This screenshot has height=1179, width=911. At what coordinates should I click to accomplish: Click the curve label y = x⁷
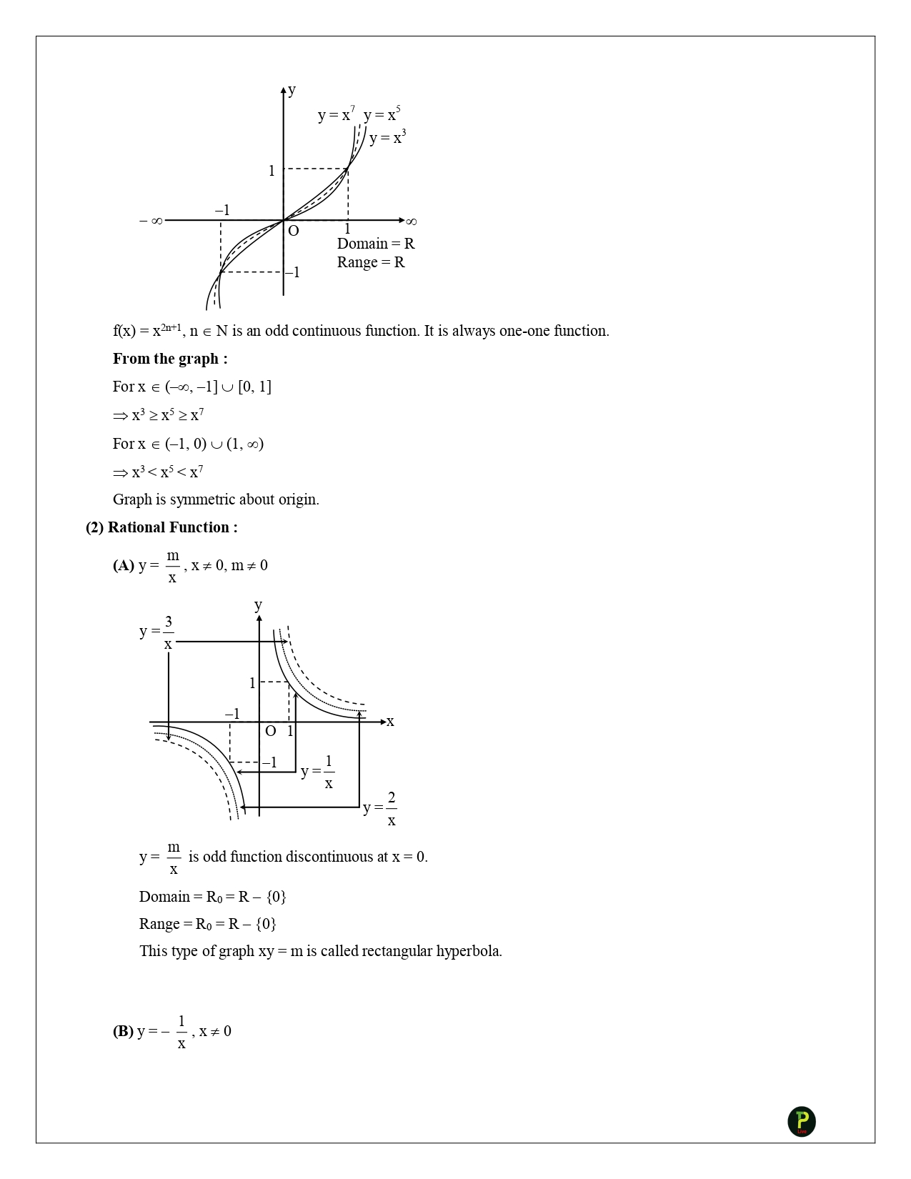click(x=336, y=115)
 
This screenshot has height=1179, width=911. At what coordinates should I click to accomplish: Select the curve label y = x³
click(x=387, y=138)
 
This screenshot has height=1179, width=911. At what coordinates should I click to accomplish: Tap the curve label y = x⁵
click(x=382, y=115)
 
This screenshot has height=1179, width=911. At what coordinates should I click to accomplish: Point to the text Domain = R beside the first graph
click(x=376, y=244)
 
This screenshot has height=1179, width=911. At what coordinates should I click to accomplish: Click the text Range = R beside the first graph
click(x=371, y=262)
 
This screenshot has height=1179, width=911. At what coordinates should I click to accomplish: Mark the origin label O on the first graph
click(x=293, y=231)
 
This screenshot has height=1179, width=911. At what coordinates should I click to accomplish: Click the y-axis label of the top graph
click(x=292, y=90)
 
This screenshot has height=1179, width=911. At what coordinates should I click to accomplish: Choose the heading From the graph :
click(x=170, y=359)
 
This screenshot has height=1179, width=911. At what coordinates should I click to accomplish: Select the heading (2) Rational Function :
click(x=161, y=527)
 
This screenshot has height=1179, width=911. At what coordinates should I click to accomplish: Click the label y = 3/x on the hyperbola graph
click(x=157, y=632)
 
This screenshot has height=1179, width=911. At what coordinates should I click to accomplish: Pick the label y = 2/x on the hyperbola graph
click(x=380, y=808)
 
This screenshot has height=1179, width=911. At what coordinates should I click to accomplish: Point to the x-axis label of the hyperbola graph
click(x=390, y=722)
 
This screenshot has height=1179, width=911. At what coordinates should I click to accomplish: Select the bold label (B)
click(x=123, y=1031)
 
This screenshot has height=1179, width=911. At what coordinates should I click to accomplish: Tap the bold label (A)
click(x=123, y=565)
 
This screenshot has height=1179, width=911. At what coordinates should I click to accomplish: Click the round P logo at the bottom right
click(x=802, y=1121)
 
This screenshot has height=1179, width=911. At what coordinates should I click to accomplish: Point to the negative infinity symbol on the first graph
click(x=151, y=221)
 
